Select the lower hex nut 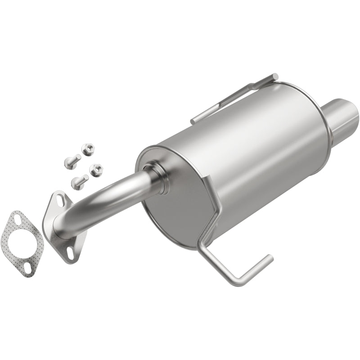[96, 170]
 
